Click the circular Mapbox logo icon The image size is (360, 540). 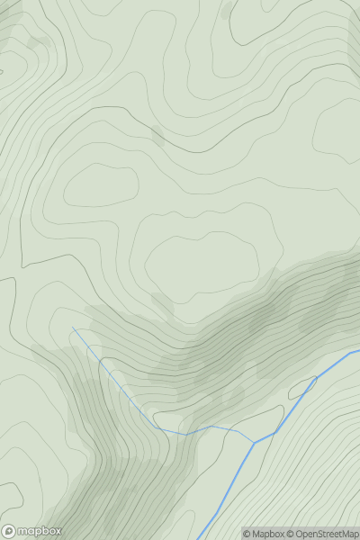pos(10,531)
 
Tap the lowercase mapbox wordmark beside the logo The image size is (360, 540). pos(39,531)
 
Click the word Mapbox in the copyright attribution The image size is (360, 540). pos(267,534)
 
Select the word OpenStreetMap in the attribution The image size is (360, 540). pos(326,534)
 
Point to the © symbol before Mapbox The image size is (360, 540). pos(247,534)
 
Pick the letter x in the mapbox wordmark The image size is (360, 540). pos(57,531)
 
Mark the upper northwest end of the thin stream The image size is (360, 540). pos(73,328)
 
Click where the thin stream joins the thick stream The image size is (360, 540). pos(254,442)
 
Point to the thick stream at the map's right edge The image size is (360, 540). pos(357,351)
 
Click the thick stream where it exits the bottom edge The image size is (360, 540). pos(199,538)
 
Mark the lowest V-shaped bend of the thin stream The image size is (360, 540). pos(187,435)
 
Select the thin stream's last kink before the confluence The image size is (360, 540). pos(238,429)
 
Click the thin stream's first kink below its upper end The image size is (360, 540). pos(98,360)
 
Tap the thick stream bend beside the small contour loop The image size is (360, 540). pos(316,379)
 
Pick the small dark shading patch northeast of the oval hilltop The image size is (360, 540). pos(157,136)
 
